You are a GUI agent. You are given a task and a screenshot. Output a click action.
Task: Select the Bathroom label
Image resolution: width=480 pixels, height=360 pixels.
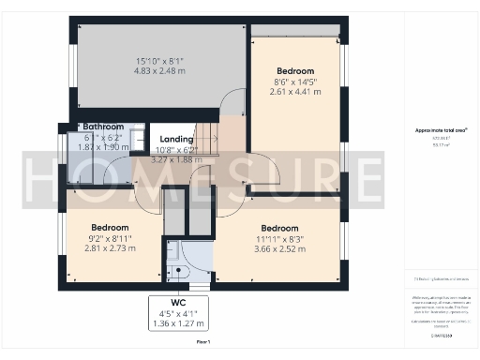pyautogui.click(x=103, y=127)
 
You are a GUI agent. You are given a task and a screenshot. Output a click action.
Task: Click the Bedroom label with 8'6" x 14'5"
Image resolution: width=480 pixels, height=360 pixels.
pyautogui.click(x=294, y=70)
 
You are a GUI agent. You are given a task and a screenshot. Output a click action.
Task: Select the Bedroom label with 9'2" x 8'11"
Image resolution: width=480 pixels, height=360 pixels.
pyautogui.click(x=111, y=228)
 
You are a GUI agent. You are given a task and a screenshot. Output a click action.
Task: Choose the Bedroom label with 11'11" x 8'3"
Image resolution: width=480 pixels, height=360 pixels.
pyautogui.click(x=279, y=229)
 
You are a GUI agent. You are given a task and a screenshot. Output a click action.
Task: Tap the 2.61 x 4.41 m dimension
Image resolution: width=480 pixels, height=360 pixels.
pyautogui.click(x=294, y=92)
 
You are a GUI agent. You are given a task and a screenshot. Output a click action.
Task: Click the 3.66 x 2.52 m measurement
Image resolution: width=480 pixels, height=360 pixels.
pyautogui.click(x=279, y=249)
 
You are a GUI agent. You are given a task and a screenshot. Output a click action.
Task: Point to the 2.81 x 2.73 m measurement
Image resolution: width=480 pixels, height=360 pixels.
pyautogui.click(x=111, y=249)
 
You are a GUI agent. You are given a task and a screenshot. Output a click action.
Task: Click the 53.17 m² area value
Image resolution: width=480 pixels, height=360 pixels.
pyautogui.click(x=437, y=145)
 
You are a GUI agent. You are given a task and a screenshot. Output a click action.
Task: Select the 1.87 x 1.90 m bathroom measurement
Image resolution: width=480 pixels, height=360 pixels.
pyautogui.click(x=103, y=147)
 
